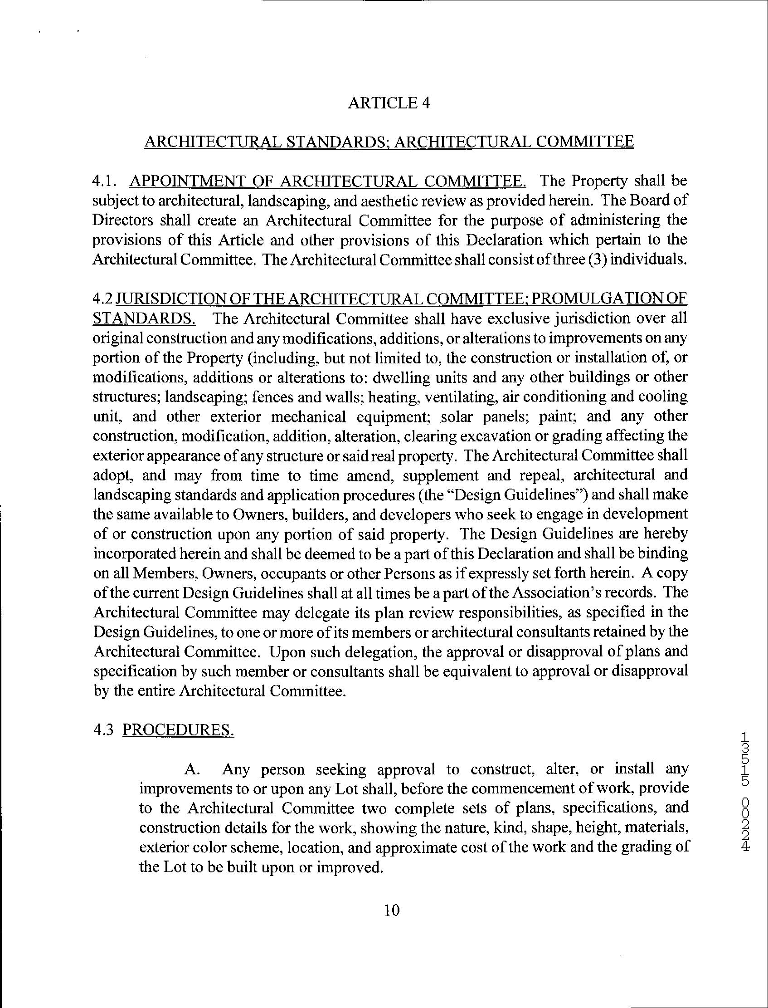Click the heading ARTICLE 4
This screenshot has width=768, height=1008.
389,103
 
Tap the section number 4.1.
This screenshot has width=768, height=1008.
104,181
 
